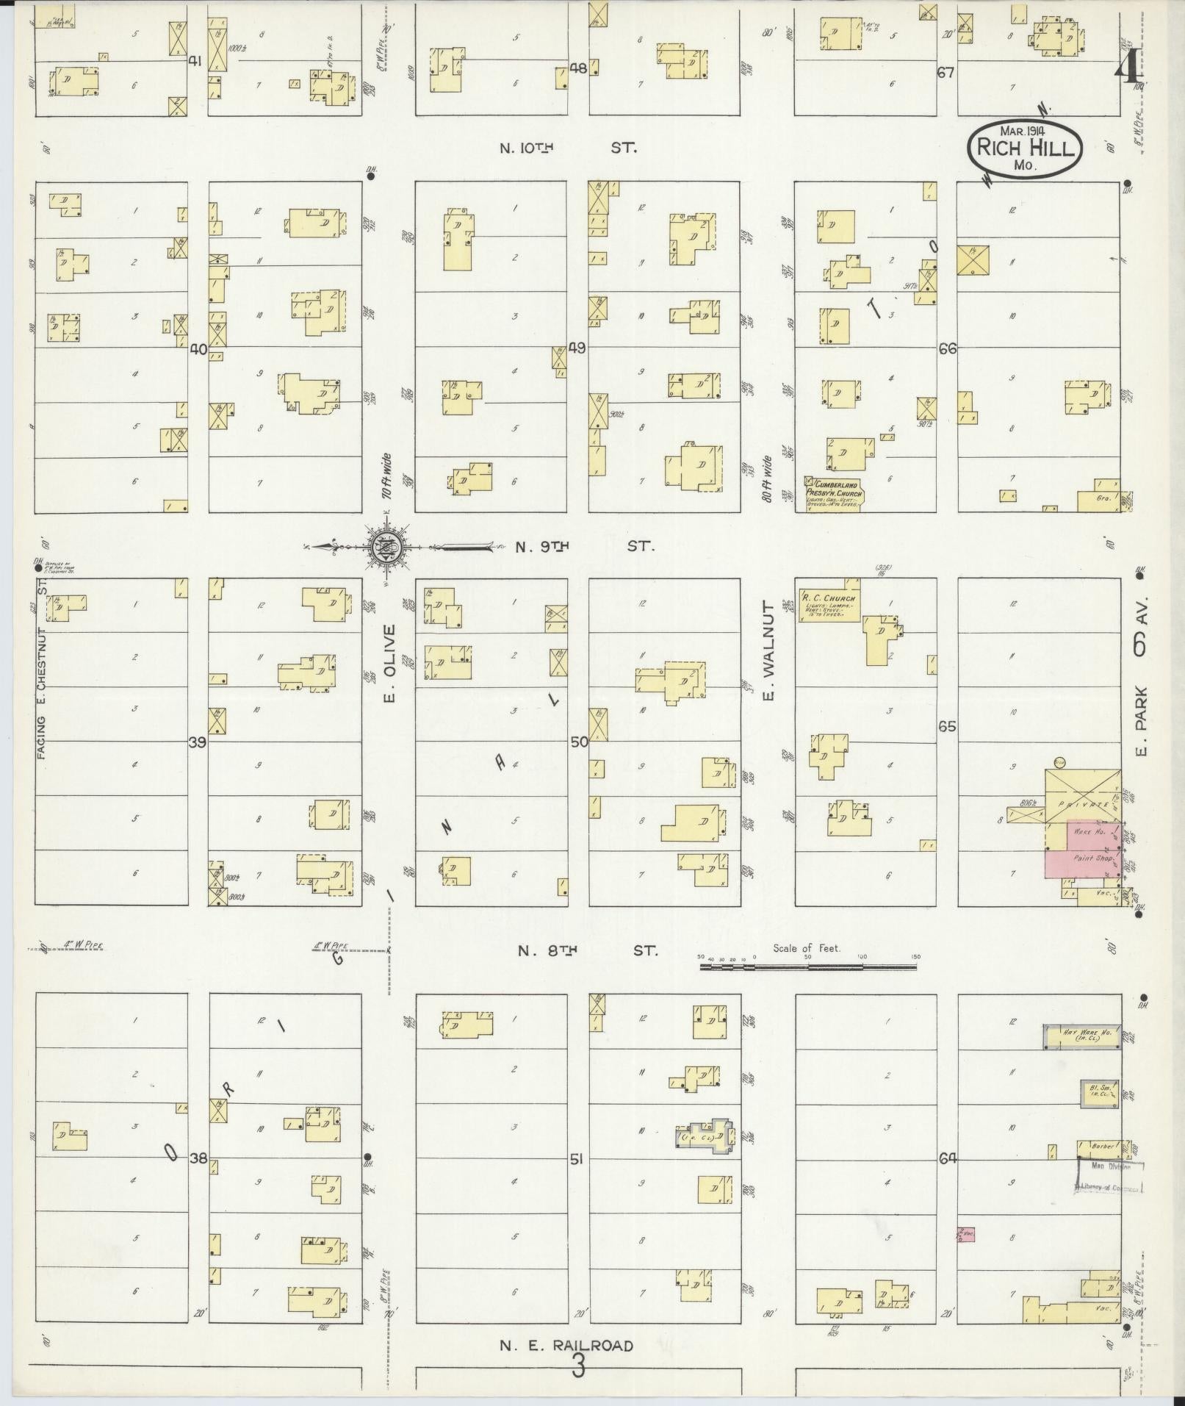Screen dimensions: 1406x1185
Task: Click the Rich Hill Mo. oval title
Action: pyautogui.click(x=1025, y=148)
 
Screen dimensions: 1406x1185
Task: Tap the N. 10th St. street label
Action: pyautogui.click(x=567, y=148)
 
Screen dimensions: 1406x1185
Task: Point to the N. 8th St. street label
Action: pyautogui.click(x=587, y=950)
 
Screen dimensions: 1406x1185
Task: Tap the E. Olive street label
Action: pyautogui.click(x=390, y=662)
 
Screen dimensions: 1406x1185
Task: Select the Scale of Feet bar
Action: pyautogui.click(x=807, y=968)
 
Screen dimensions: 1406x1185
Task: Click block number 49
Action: pyautogui.click(x=577, y=348)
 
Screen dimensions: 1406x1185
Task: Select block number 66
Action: pyautogui.click(x=947, y=348)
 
